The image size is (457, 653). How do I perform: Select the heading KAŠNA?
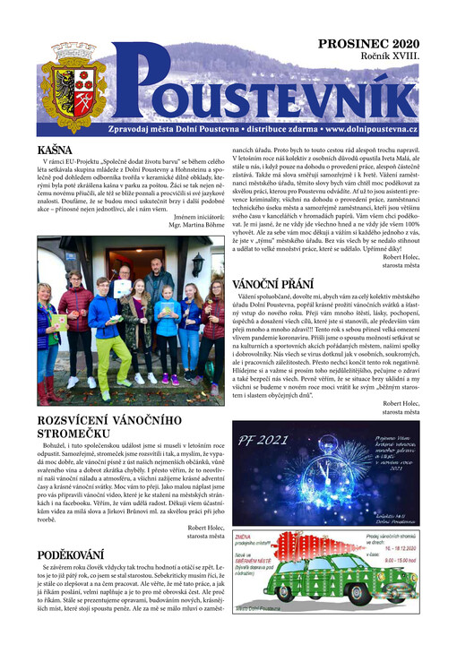tap(55, 150)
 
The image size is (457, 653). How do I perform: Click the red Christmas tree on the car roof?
tap(334, 548)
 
